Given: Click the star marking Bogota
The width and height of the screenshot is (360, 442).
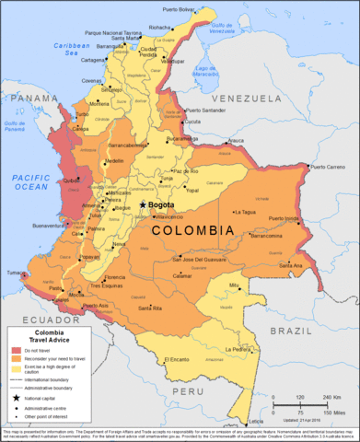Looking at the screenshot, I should click(x=142, y=204).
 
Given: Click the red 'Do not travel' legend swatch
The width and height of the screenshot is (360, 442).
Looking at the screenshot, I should click(x=17, y=351).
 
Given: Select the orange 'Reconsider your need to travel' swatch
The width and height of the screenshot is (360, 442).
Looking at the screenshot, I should click(x=17, y=360).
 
